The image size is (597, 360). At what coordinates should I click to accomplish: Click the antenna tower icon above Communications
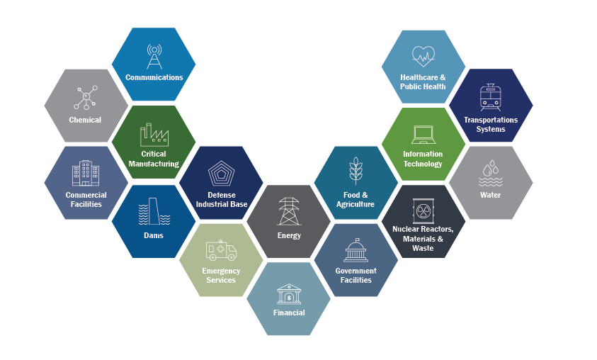(154, 57)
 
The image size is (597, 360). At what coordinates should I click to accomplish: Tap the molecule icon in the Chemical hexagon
(86, 98)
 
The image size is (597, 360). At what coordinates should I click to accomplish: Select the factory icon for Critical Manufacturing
(154, 135)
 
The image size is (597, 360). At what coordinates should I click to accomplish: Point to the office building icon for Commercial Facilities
(86, 173)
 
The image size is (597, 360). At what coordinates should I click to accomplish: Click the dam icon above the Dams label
(154, 211)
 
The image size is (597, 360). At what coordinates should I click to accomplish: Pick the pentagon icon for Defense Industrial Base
(221, 174)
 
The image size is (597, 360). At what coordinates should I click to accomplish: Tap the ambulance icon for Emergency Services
(221, 250)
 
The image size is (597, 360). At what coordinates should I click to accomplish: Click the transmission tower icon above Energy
(289, 211)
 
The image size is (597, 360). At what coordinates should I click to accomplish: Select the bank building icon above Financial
(289, 294)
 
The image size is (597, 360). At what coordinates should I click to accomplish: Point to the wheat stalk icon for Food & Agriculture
(356, 171)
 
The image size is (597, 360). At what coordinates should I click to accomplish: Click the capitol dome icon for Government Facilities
(356, 250)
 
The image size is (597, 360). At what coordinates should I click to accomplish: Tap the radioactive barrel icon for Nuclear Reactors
(423, 210)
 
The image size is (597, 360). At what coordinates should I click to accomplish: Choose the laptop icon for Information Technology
(423, 135)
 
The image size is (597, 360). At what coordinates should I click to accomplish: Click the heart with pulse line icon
(423, 56)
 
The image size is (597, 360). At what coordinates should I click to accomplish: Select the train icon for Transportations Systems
(490, 98)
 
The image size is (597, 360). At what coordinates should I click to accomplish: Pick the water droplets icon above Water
(490, 174)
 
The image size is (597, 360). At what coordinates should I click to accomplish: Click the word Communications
(154, 77)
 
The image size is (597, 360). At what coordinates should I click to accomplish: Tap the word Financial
(289, 313)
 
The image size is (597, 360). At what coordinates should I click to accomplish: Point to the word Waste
(423, 248)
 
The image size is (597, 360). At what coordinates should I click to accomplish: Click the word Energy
(289, 236)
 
